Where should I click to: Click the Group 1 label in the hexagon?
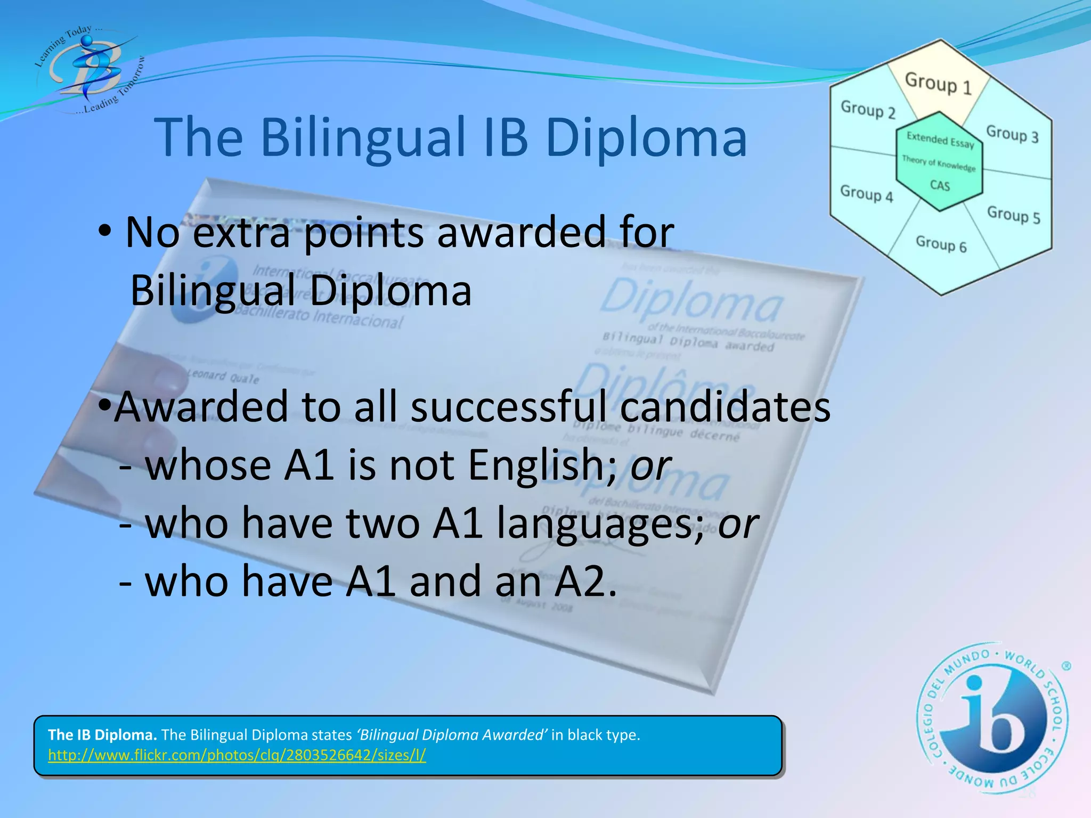938,83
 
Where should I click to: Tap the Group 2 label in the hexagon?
868,110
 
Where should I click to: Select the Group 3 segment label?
1012,133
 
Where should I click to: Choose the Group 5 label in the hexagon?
1013,215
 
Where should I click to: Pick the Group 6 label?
941,244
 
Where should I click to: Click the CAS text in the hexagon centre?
940,185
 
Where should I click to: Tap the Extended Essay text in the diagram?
940,140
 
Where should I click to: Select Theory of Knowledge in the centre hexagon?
939,163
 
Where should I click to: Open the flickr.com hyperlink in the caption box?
237,755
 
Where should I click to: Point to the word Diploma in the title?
646,137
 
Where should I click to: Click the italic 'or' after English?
650,464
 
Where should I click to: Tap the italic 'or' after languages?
738,523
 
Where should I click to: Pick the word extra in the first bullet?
241,232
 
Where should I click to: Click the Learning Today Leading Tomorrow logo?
88,69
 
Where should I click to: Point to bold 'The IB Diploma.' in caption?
102,735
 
